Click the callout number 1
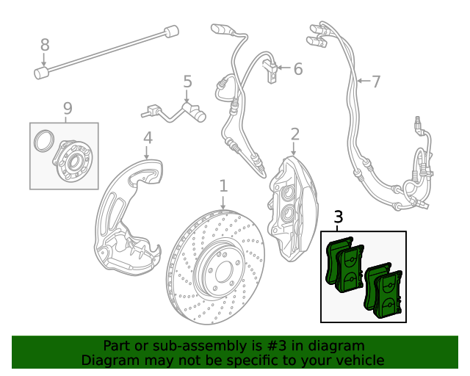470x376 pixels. coord(223,186)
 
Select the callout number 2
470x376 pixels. coord(294,134)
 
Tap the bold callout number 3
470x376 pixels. coord(339,217)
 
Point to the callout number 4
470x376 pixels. coord(148,137)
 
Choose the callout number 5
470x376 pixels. coord(187,82)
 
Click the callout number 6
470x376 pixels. coord(297,69)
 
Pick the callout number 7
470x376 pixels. coord(376,82)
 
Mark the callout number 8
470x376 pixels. coord(45,45)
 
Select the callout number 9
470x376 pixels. coord(68,109)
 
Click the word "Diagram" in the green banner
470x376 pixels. coord(107,360)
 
